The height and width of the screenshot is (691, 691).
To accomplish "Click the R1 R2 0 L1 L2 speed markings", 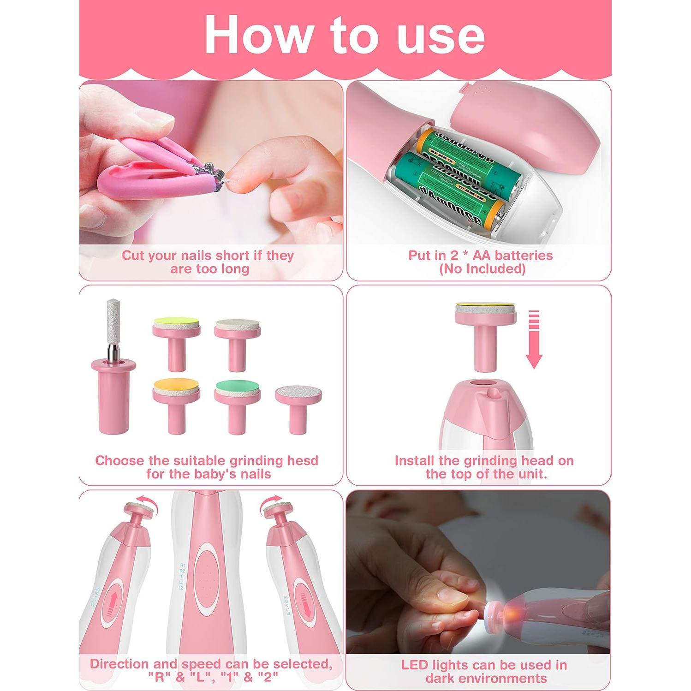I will coord(183,577).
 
